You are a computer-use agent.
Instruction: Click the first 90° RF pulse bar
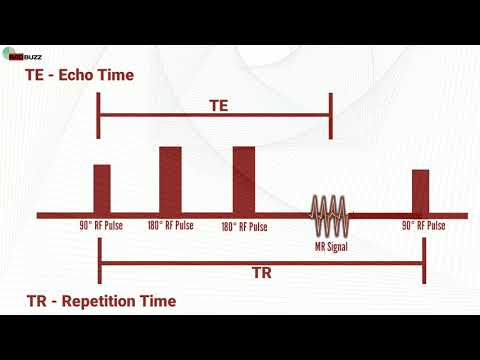101,188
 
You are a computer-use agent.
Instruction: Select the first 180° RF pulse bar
170,180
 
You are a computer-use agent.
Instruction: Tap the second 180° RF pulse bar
244,180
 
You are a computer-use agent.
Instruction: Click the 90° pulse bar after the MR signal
420,191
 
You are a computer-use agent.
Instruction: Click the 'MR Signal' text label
330,245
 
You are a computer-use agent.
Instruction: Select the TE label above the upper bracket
220,104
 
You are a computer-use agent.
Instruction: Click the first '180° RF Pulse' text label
170,226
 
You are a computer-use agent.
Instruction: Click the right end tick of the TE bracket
330,117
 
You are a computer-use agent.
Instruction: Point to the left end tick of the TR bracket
100,264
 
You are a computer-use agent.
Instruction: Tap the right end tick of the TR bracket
423,264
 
